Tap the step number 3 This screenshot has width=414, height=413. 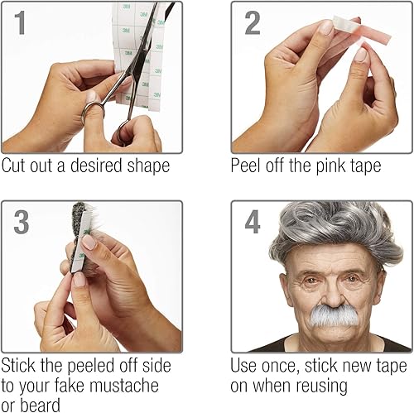click(22, 223)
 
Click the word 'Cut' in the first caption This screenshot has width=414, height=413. click(16, 166)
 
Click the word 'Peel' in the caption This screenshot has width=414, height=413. click(248, 166)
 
